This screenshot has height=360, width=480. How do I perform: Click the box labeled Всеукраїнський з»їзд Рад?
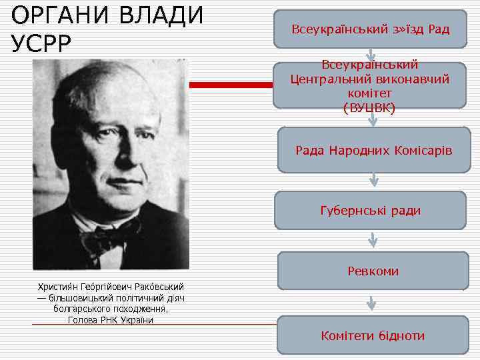click(x=370, y=29)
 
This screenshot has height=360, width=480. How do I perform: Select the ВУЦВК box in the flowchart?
click(x=370, y=86)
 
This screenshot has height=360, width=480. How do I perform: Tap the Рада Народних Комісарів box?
click(x=373, y=151)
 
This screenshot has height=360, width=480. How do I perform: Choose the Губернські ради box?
click(x=370, y=211)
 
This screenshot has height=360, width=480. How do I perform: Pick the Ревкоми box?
click(x=373, y=271)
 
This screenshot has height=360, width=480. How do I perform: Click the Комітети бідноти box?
click(x=373, y=335)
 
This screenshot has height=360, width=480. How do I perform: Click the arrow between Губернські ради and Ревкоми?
click(x=373, y=240)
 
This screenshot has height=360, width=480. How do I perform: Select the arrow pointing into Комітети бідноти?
click(x=373, y=303)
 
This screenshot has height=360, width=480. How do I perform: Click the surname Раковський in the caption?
click(x=160, y=287)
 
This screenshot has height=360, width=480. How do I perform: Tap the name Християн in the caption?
click(x=58, y=287)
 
